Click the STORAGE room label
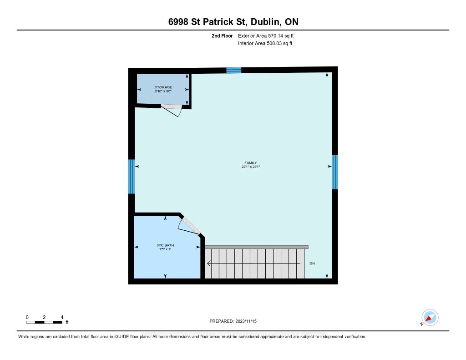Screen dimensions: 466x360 (x=163, y=87)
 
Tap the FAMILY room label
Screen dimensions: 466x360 (x=251, y=162)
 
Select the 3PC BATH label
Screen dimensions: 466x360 (x=165, y=245)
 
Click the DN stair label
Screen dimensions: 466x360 (x=312, y=264)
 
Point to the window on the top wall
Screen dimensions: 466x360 (x=234, y=71)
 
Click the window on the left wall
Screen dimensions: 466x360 (x=132, y=177)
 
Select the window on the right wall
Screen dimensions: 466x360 (x=334, y=172)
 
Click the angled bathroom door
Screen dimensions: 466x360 (x=191, y=226)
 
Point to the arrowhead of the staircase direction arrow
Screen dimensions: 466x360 (x=208, y=264)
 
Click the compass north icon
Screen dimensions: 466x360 (x=430, y=318)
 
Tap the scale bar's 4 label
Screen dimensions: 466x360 (x=62, y=317)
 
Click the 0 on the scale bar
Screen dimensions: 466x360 (x=27, y=317)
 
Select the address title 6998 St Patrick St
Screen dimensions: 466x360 (x=207, y=22)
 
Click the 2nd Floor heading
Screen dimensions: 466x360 (x=222, y=35)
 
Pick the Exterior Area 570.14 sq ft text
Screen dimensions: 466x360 (x=266, y=35)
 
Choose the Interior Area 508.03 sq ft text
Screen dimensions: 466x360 (x=265, y=43)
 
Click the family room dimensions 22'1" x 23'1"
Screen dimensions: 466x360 (x=251, y=167)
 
